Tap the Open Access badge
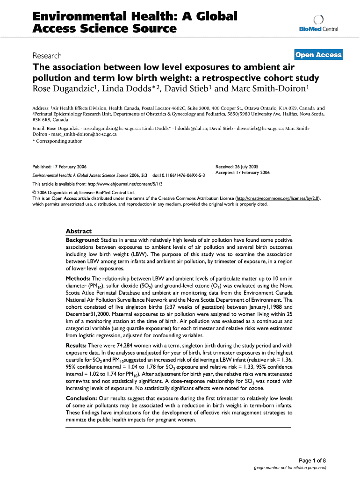[x=318, y=55]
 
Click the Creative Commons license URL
[x=278, y=198]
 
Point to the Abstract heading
[x=79, y=231]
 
